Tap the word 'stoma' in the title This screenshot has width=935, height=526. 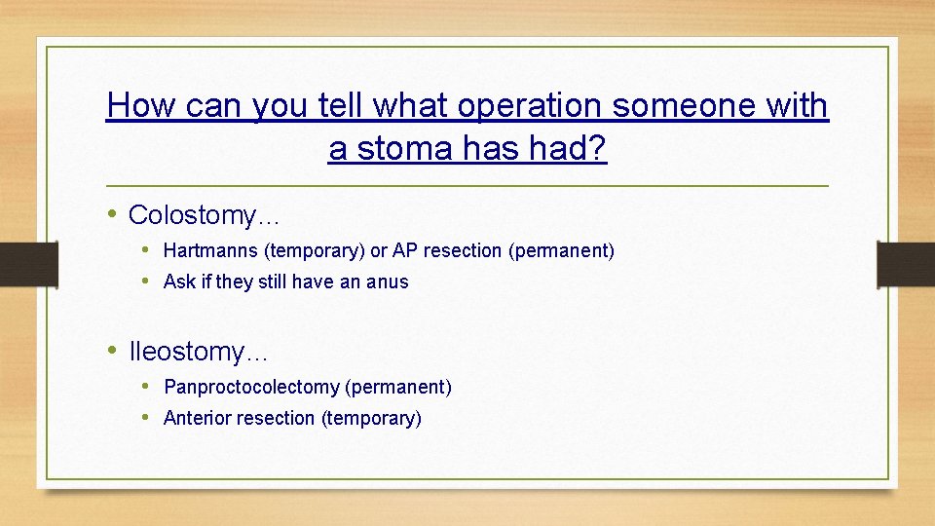(x=399, y=149)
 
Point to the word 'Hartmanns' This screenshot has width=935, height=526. (x=210, y=251)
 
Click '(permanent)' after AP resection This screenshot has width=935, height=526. (x=561, y=251)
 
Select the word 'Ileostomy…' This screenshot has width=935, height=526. (x=199, y=351)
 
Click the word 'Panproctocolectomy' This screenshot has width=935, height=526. (x=251, y=388)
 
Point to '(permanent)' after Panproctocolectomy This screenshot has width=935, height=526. (x=398, y=388)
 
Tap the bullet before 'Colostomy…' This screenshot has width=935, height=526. (x=113, y=213)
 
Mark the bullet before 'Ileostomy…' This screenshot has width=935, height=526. (x=113, y=350)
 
